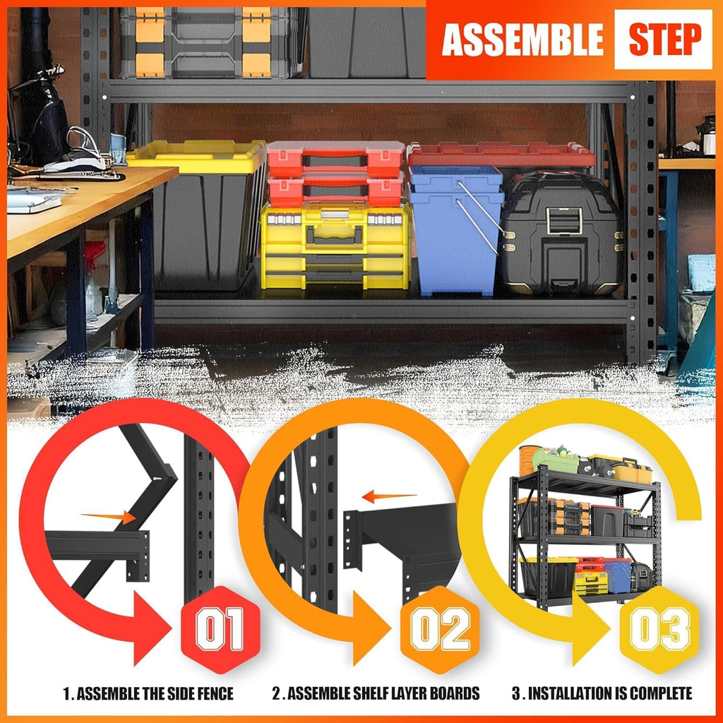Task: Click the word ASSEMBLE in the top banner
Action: tap(522, 40)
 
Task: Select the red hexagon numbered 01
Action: tap(220, 629)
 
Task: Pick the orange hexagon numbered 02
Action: tap(440, 629)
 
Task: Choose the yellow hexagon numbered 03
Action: tap(660, 629)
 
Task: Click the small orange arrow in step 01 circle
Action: tap(109, 518)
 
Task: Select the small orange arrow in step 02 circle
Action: tap(389, 497)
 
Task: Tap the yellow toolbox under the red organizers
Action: tap(335, 246)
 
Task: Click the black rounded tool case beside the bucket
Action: tap(561, 233)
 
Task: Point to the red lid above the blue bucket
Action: tap(501, 154)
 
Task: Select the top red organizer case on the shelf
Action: tap(335, 159)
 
